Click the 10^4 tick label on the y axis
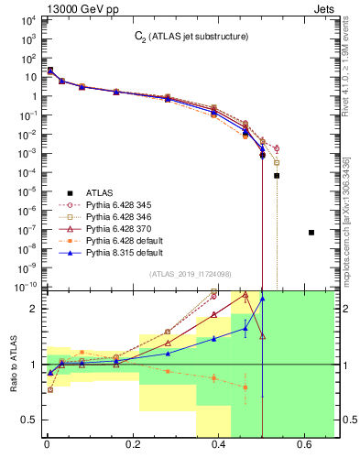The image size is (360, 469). (x=27, y=19)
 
